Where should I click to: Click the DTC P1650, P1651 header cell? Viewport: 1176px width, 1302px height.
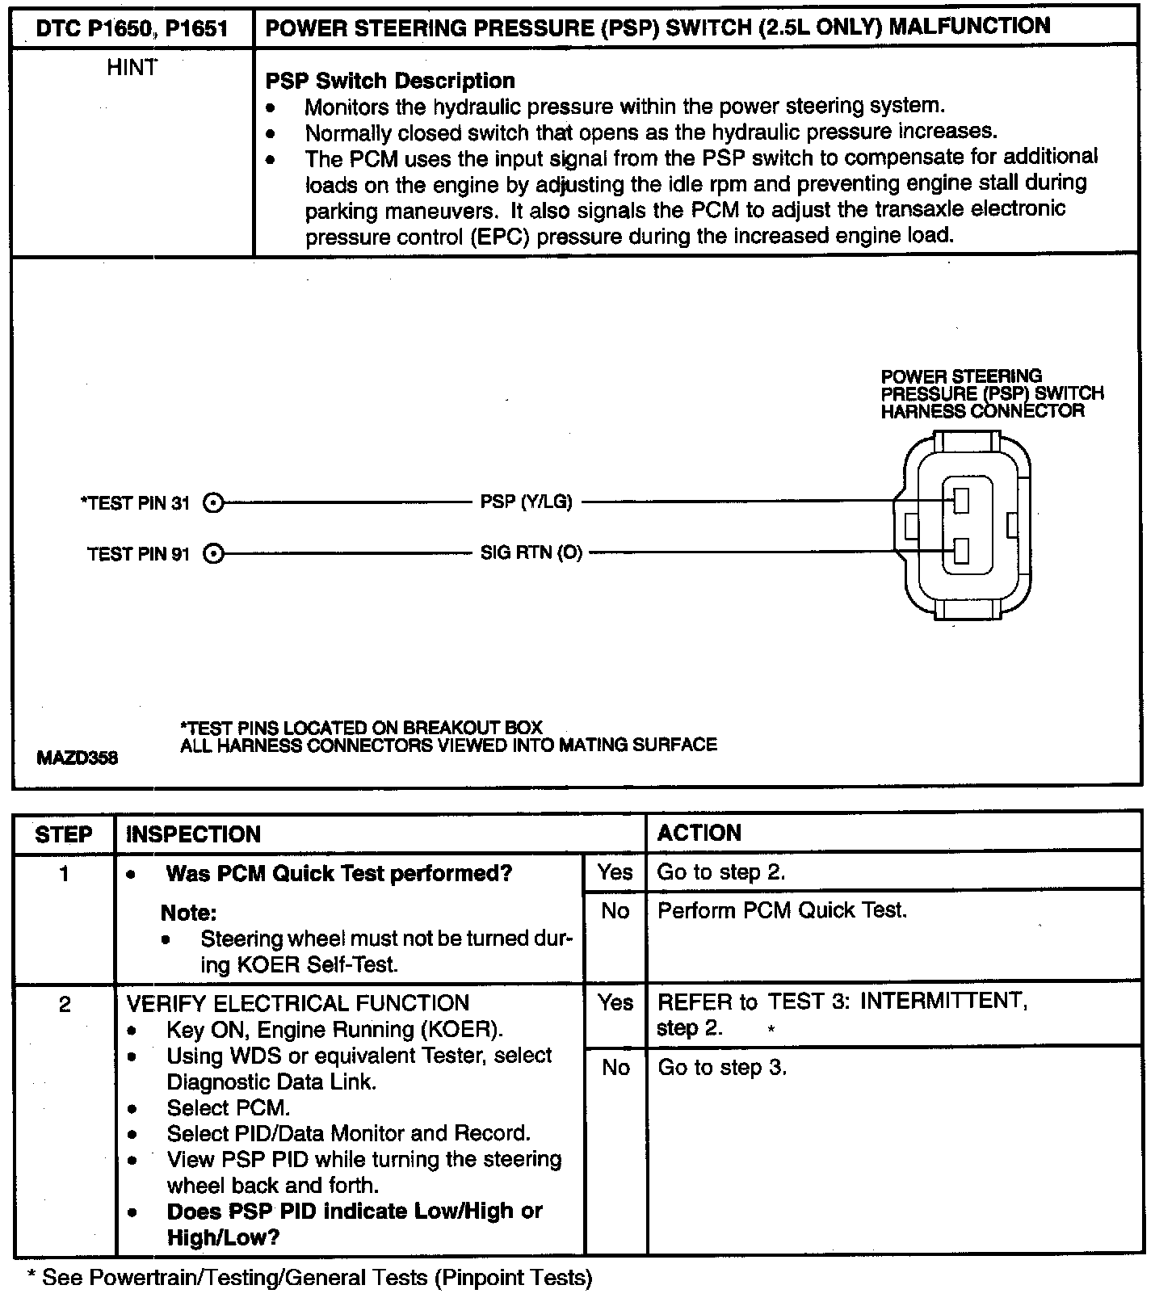132,30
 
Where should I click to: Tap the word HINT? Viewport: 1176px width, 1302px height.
132,68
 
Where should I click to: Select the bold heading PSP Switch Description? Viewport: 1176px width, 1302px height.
390,81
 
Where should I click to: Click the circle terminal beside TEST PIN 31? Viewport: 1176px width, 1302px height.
212,503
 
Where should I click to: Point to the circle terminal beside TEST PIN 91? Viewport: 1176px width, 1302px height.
212,554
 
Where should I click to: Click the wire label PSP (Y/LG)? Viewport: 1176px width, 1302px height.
526,502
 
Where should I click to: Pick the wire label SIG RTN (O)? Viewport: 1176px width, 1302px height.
531,553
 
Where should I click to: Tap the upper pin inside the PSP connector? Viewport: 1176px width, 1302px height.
960,501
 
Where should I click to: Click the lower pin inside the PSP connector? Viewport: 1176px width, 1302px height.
960,552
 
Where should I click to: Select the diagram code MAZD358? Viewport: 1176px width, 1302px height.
78,758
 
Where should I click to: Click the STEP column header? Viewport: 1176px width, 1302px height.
64,834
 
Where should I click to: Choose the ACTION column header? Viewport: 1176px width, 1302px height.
699,834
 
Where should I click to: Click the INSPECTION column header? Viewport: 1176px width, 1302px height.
193,834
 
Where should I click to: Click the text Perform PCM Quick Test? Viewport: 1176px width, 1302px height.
782,910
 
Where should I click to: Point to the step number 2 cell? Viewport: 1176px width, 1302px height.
65,1004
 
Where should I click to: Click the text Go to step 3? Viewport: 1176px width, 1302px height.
722,1068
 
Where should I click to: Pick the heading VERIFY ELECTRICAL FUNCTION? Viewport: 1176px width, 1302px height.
298,1003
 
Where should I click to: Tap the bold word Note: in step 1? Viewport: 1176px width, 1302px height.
188,913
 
